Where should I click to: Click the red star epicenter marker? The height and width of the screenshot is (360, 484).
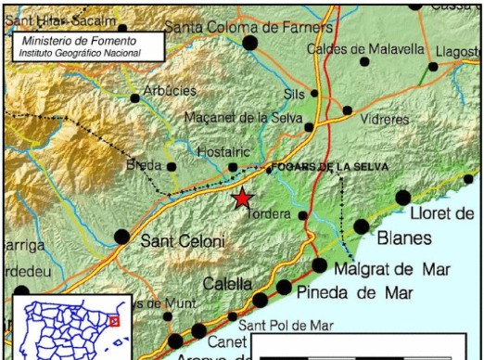click(x=243, y=198)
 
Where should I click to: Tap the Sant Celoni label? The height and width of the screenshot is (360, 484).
click(x=183, y=241)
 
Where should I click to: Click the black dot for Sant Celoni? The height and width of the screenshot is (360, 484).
click(x=121, y=237)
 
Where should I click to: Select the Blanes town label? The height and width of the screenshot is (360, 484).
click(x=405, y=238)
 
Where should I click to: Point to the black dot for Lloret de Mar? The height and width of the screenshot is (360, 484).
click(x=403, y=197)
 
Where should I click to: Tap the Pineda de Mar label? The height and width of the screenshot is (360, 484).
click(x=355, y=293)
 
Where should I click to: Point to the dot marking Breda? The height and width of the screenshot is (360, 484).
click(x=172, y=167)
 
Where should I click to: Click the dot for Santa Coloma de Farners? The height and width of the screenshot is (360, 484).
click(x=249, y=42)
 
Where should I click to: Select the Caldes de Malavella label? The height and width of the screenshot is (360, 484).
click(x=364, y=47)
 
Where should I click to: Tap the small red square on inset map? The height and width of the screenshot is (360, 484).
click(x=114, y=321)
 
